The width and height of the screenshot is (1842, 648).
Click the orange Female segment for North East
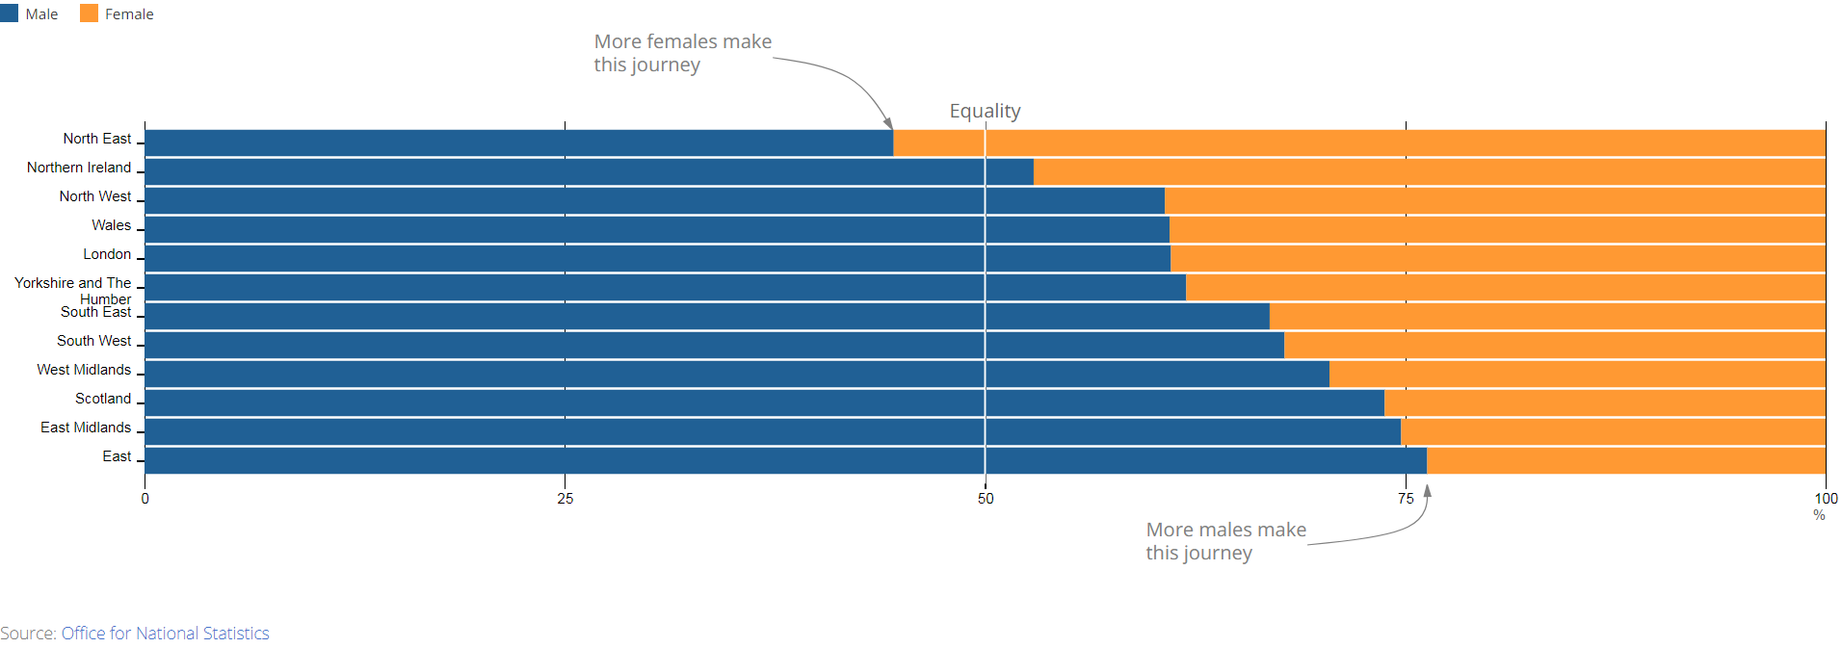pyautogui.click(x=1358, y=143)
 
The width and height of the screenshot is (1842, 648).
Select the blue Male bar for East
pyautogui.click(x=785, y=460)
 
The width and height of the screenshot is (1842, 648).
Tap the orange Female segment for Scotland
pyautogui.click(x=1604, y=402)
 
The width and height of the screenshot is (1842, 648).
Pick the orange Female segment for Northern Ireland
pyautogui.click(x=1429, y=171)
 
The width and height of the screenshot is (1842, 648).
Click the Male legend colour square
pyautogui.click(x=10, y=13)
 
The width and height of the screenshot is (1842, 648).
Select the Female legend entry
pyautogui.click(x=118, y=14)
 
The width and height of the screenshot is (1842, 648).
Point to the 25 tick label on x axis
pyautogui.click(x=565, y=499)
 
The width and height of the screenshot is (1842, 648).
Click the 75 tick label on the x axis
pyautogui.click(x=1406, y=499)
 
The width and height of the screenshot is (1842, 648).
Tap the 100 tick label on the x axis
pyautogui.click(x=1826, y=499)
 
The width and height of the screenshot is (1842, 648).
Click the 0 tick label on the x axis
pyautogui.click(x=145, y=499)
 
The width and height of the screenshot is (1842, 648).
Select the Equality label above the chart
pyautogui.click(x=985, y=111)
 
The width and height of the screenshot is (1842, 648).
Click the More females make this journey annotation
pyautogui.click(x=682, y=53)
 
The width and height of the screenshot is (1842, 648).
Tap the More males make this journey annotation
pyautogui.click(x=1225, y=541)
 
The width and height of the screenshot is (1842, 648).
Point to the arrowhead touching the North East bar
pyautogui.click(x=888, y=123)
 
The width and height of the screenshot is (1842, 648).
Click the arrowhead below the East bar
pyautogui.click(x=1428, y=490)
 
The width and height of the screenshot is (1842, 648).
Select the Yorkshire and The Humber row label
pyautogui.click(x=73, y=290)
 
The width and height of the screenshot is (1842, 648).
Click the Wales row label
pyautogui.click(x=111, y=225)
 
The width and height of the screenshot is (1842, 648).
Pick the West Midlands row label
pyautogui.click(x=84, y=370)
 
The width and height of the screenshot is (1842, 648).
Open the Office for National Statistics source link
pyautogui.click(x=165, y=634)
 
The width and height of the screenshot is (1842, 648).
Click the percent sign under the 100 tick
pyautogui.click(x=1819, y=515)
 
